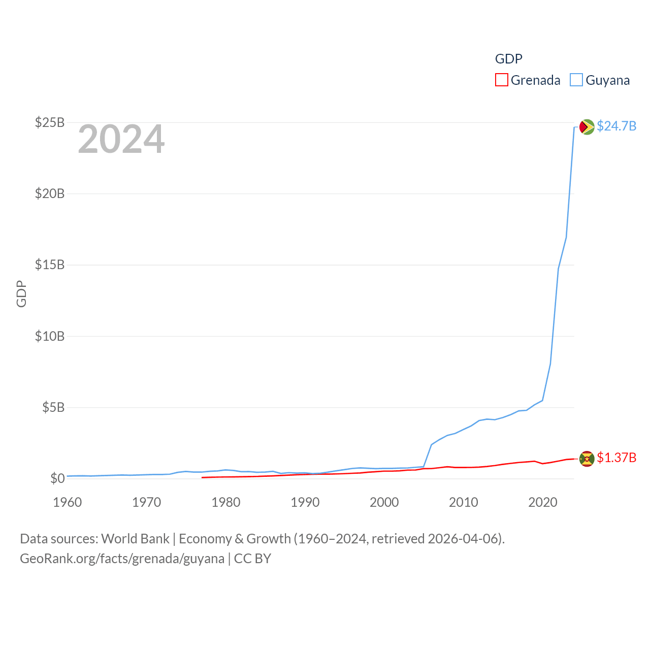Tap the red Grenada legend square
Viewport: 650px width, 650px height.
tap(502, 80)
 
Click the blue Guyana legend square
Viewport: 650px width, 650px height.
tap(576, 80)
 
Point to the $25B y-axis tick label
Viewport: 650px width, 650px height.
tap(50, 122)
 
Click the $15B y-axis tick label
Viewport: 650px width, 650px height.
tap(50, 265)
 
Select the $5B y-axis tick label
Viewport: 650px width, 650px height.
tap(53, 407)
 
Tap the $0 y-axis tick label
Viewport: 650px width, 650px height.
tap(57, 478)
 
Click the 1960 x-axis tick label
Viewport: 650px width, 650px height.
tap(68, 502)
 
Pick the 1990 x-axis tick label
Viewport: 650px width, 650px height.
tap(305, 502)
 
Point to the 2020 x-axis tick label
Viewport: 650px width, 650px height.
tap(543, 502)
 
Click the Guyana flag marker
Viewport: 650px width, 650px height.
tap(587, 126)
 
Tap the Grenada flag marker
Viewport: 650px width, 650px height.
tap(587, 459)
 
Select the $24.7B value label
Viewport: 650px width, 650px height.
tap(616, 126)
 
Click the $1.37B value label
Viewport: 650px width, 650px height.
tap(616, 458)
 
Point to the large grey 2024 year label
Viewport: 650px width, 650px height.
tap(121, 139)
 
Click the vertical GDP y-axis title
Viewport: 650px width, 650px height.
tap(21, 294)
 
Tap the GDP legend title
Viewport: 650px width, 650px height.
tap(508, 59)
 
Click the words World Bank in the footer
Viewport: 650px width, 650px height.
tap(136, 538)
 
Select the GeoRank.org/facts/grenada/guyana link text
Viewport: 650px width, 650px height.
tap(122, 559)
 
